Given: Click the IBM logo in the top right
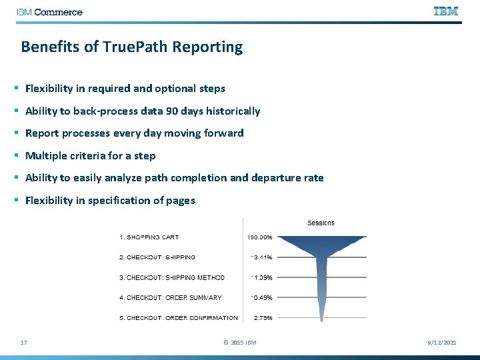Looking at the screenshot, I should (x=446, y=11).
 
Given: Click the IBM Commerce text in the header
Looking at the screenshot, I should (x=50, y=12).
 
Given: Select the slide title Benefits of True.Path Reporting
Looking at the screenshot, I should (x=132, y=47).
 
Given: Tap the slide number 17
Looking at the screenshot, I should (x=24, y=343).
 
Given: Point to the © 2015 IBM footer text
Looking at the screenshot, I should (x=239, y=343).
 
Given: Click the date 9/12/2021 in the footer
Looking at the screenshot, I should (x=442, y=343).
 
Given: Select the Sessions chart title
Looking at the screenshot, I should (x=321, y=223).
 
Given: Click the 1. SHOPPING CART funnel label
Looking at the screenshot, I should (x=149, y=237).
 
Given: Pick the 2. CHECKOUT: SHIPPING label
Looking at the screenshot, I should (x=157, y=257).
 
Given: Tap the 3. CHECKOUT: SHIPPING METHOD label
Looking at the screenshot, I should (x=172, y=277).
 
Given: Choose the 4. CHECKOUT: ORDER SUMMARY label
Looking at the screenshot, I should (x=171, y=297).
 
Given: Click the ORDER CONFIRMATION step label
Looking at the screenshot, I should (x=200, y=318).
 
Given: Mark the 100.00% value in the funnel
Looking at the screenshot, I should (x=259, y=237).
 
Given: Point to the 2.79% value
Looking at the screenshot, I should (x=262, y=318).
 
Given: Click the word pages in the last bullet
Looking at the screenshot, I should (x=180, y=201).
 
